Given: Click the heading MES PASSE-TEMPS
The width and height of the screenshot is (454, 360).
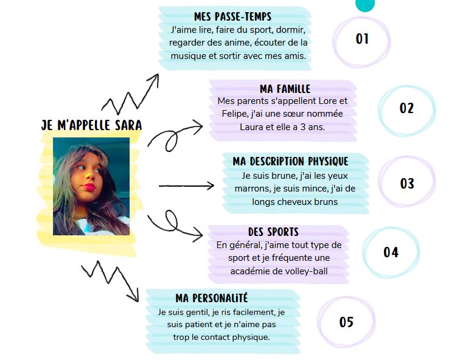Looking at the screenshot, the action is click(232, 16).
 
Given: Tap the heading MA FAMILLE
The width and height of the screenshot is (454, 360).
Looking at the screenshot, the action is click(285, 89).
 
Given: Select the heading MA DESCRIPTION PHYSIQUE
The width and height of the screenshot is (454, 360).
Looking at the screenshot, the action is click(290, 161).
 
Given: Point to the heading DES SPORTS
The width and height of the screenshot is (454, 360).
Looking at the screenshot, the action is click(273, 232).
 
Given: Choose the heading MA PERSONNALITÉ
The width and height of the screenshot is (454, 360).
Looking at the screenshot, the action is click(212, 298).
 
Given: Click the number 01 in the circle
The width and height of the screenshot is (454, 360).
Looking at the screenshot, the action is click(362, 39).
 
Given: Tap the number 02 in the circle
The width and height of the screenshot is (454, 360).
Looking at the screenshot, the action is click(407, 108).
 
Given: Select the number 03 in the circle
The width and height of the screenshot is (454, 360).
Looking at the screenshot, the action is click(407, 184).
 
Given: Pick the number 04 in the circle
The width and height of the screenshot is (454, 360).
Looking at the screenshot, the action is click(391, 252).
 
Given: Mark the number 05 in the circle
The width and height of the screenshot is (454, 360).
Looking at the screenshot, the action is click(346, 322).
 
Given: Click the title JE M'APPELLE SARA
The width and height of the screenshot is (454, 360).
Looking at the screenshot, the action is click(91, 125).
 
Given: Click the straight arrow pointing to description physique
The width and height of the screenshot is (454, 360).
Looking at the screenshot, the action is click(186, 186).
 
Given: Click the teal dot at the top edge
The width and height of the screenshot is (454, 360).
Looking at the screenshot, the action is click(365, 4).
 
